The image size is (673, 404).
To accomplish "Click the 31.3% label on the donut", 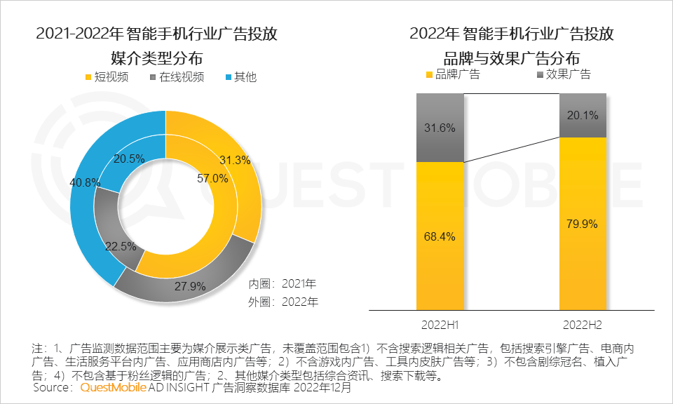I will (x=234, y=160).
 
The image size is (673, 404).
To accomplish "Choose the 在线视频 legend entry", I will (x=175, y=76).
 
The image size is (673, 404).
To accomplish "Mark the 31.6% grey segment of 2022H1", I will (x=440, y=128).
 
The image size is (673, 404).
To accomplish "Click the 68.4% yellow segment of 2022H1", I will (x=440, y=236).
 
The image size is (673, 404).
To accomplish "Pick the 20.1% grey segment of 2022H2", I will (x=583, y=116).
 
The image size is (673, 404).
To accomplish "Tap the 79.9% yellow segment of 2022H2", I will (x=583, y=224).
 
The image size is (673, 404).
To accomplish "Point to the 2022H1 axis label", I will (x=440, y=326).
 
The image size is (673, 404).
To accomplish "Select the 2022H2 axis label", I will (x=583, y=326).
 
